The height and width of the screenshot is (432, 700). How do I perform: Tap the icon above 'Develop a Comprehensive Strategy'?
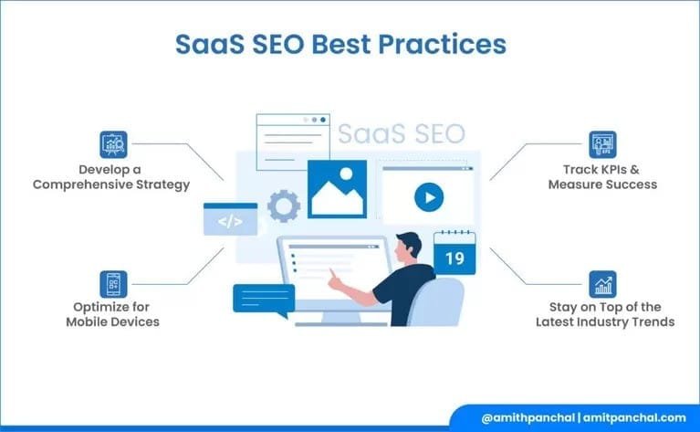[x=113, y=144]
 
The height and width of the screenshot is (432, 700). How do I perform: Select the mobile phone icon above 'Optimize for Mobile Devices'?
[x=113, y=284]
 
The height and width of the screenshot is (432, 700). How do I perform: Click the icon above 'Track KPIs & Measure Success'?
[x=602, y=144]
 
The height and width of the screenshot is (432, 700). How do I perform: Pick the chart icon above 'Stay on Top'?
[x=602, y=284]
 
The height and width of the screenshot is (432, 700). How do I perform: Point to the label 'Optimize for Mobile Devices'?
[x=113, y=315]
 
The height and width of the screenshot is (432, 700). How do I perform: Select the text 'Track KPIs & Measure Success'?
[x=602, y=177]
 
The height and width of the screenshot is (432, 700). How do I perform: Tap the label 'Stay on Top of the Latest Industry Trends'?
[x=602, y=315]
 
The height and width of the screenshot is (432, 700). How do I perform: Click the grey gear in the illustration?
[x=284, y=206]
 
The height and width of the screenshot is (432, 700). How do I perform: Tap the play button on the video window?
[x=428, y=196]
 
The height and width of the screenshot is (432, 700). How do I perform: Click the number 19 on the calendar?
[x=454, y=259]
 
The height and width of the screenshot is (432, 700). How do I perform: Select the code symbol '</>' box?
[x=230, y=220]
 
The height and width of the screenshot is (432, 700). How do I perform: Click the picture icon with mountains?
[x=337, y=189]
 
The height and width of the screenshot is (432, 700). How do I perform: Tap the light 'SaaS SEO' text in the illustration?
[x=401, y=134]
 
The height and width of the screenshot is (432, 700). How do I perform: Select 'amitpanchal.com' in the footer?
[x=631, y=417]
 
